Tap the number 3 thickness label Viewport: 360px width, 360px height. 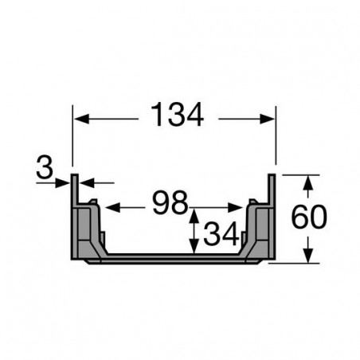(x=45, y=168)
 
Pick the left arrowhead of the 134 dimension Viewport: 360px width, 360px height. (x=78, y=119)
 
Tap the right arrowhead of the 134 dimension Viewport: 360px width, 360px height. (x=270, y=119)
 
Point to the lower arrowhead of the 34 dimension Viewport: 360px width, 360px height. (x=192, y=248)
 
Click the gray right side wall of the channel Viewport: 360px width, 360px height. (x=263, y=231)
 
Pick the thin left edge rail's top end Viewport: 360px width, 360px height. (x=73, y=176)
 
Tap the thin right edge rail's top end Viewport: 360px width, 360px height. (x=274, y=176)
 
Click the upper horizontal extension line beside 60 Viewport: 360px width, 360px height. (x=299, y=174)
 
